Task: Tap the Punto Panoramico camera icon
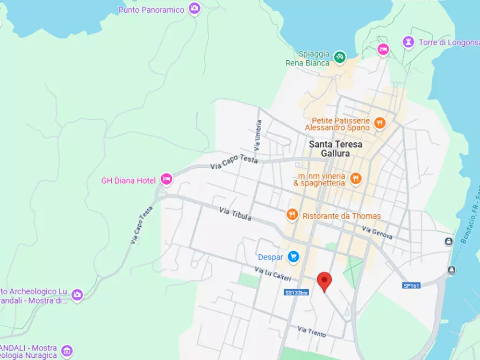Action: coord(195,9)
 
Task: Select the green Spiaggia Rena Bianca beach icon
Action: coord(339,56)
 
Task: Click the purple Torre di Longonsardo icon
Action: coord(409,42)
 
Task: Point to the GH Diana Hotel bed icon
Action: coord(167,179)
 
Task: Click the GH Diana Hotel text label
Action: coord(128,181)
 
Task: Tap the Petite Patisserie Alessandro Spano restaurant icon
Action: coord(379,123)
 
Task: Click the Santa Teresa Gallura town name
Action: coord(335,149)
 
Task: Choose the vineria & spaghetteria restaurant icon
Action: coord(355,178)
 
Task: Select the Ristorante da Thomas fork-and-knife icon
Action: coord(292,215)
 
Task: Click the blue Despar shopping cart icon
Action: coord(293,257)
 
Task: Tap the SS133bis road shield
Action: coord(296,292)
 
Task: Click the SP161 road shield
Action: coord(411,285)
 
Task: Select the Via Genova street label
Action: coord(377,233)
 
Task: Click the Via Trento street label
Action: coord(312,332)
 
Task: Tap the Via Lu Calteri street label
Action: coord(273,274)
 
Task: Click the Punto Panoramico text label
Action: coord(151,10)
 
